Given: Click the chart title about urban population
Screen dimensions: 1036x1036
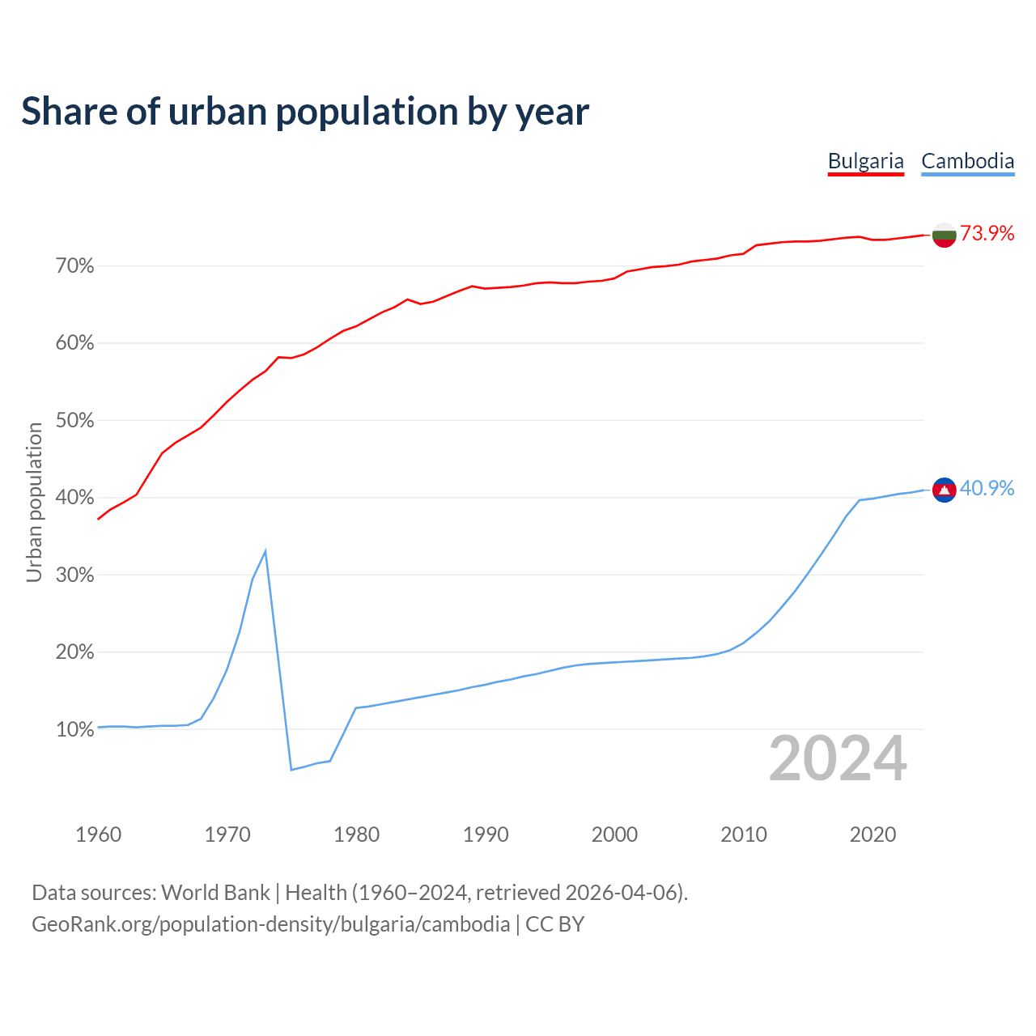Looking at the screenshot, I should pyautogui.click(x=305, y=112).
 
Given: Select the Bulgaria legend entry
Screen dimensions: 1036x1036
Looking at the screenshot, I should pyautogui.click(x=865, y=161).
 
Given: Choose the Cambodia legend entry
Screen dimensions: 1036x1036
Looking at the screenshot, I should pyautogui.click(x=967, y=161).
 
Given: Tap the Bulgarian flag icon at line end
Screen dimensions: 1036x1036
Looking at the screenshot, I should pyautogui.click(x=944, y=235).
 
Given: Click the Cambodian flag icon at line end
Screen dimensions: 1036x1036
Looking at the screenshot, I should pyautogui.click(x=944, y=490).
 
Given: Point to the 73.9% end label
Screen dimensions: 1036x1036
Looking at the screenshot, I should pyautogui.click(x=987, y=234).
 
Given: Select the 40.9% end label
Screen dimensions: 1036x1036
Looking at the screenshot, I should pyautogui.click(x=987, y=489).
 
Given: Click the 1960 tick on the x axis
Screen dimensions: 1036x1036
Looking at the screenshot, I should pyautogui.click(x=98, y=834).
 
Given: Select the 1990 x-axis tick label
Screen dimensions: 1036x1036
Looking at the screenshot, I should pyautogui.click(x=486, y=834).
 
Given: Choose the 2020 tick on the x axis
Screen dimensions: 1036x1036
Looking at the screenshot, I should pyautogui.click(x=873, y=834).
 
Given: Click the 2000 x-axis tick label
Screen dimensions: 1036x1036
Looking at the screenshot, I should pyautogui.click(x=614, y=834).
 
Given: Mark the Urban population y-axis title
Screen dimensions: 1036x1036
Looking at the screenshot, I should pyautogui.click(x=34, y=502).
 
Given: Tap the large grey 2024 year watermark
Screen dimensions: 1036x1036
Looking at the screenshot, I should pyautogui.click(x=838, y=758).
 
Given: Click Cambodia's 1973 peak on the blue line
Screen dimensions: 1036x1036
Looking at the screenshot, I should pyautogui.click(x=265, y=551).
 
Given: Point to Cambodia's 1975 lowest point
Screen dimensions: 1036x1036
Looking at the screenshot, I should pyautogui.click(x=291, y=769).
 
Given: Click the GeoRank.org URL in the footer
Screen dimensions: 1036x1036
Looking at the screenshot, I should pyautogui.click(x=271, y=924).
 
